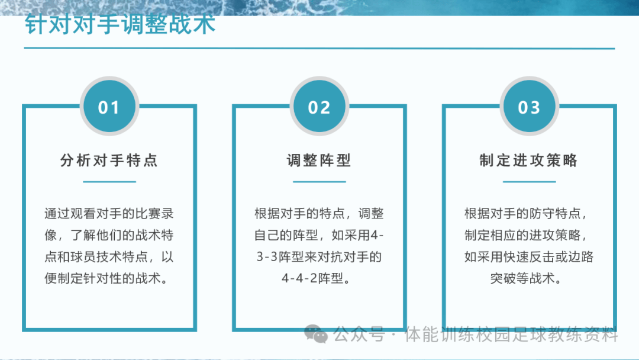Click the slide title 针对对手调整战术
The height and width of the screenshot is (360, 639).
(120, 26)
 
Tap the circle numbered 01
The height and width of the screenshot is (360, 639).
(109, 107)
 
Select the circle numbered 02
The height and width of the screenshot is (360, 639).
(319, 107)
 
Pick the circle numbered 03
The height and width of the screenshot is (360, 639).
(529, 107)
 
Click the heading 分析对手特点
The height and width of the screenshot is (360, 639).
(109, 160)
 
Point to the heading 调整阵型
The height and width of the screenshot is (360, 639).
(319, 160)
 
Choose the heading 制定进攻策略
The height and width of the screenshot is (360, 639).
(529, 160)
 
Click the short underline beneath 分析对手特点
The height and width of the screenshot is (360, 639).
(109, 181)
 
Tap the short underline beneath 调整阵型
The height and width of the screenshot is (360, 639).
(319, 181)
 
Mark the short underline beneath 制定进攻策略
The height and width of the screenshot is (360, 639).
(529, 181)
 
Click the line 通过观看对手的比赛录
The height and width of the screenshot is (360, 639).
(109, 213)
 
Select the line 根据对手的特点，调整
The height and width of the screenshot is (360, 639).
(319, 213)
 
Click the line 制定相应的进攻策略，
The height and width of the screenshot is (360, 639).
(529, 235)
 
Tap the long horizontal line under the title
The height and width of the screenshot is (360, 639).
(319, 49)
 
